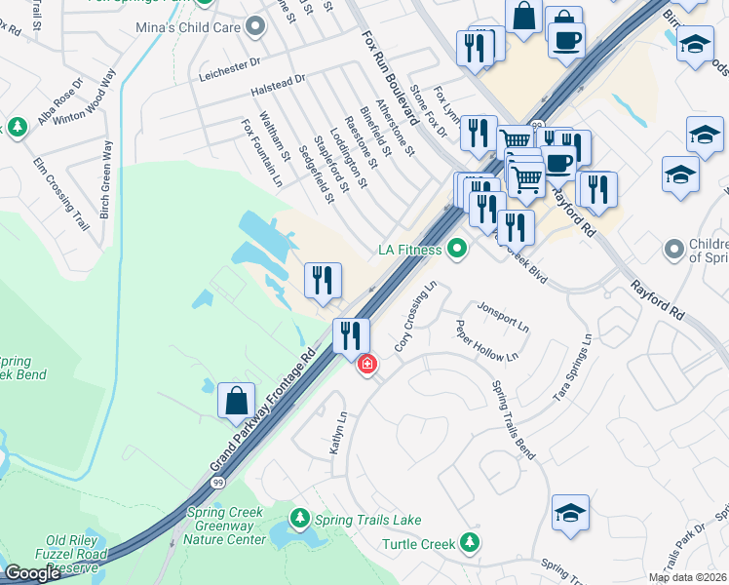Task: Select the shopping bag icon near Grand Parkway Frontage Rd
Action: click(x=237, y=402)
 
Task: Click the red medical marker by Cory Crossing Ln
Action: click(x=366, y=365)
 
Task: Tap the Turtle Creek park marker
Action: click(x=472, y=541)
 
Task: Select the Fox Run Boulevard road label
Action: click(x=390, y=78)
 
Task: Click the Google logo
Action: click(x=32, y=573)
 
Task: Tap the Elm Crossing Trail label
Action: click(x=61, y=193)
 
